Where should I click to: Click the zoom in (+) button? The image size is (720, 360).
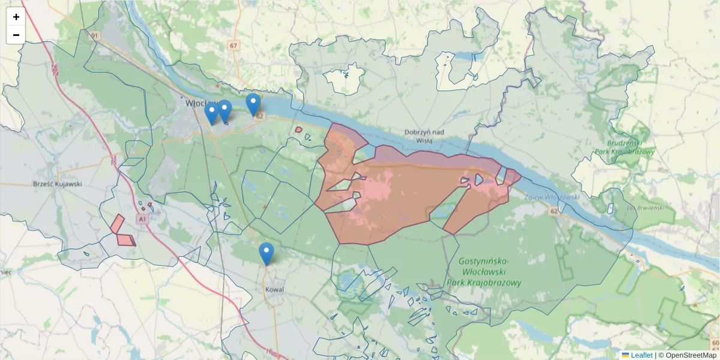[x=16, y=17]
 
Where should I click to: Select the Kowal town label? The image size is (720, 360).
[x=274, y=289]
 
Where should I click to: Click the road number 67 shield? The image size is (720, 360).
[x=233, y=46]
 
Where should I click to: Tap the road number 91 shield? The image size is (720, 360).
[x=94, y=36]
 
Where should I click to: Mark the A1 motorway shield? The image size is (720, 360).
[x=142, y=220]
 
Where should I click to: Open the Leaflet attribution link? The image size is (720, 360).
[x=641, y=355]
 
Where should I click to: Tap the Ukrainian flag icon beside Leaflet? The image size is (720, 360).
[x=626, y=355]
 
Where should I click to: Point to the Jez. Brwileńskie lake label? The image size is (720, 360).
[x=639, y=208]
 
